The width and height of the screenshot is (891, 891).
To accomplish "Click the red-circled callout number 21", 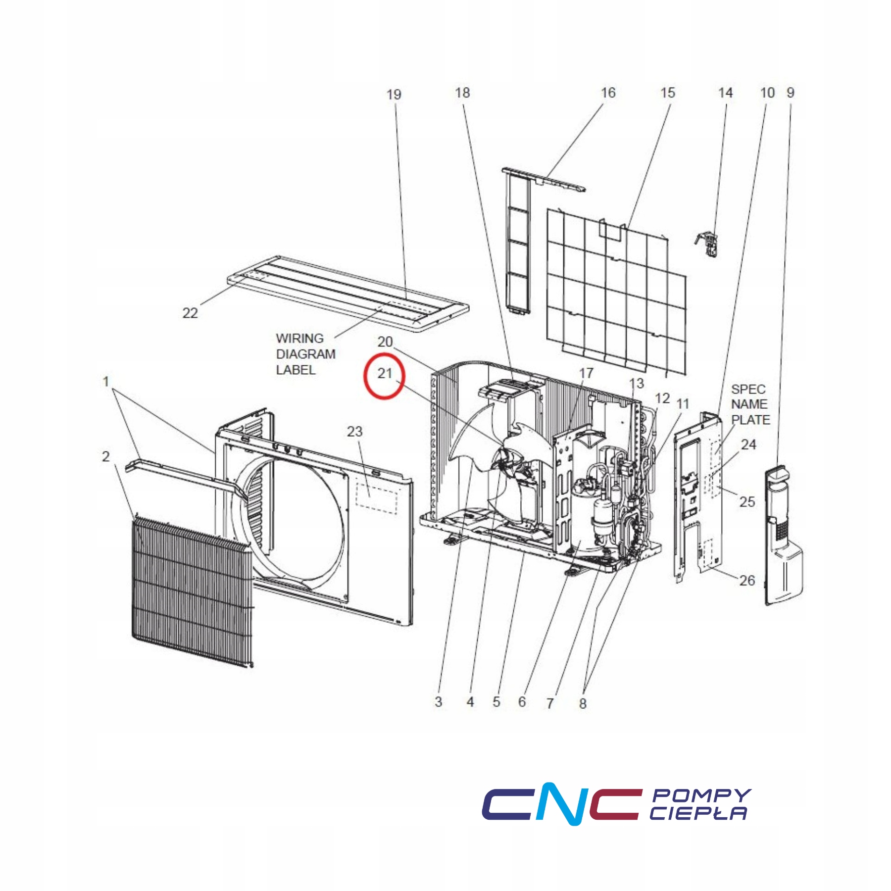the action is pos(385,373).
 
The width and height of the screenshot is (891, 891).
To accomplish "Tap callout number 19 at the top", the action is pos(394,94).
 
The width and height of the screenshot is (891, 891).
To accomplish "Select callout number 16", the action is pos(608,93).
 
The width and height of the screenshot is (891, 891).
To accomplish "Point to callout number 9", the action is pos(791,93).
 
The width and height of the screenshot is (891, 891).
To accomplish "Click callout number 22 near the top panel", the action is pos(190,313).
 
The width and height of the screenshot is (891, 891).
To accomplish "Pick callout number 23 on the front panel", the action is pos(355,432).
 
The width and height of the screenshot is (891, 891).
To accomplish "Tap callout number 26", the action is pos(747,580).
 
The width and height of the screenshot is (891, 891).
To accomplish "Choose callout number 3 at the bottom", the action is pos(438,701).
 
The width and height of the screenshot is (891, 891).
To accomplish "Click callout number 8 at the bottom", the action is pos(583,703).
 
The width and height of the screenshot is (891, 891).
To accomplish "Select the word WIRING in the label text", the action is pos(299,338).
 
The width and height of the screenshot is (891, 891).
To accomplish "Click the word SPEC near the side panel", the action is pos(748,389).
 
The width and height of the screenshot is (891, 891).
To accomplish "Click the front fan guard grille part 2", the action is pos(193,592).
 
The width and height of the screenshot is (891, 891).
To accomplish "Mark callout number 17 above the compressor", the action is pos(586,373).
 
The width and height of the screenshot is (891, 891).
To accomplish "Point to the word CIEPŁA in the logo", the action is pos(698,813).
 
